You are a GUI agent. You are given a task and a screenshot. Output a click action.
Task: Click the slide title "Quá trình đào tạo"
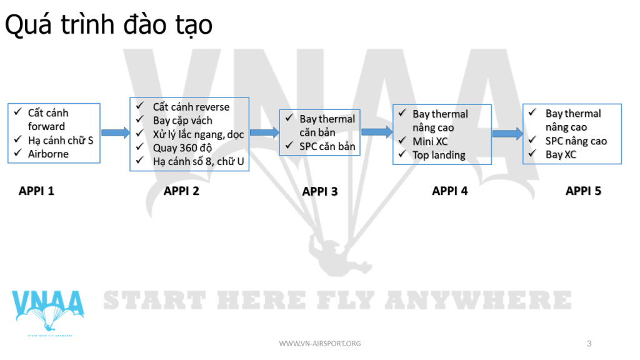109,25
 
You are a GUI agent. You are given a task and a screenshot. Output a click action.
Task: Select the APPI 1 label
36,191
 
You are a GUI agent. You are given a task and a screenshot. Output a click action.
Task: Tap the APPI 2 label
181,191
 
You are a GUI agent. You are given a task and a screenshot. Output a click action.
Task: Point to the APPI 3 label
320,191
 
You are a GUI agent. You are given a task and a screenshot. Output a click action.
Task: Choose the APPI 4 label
450,191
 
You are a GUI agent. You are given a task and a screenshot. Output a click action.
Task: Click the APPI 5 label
583,191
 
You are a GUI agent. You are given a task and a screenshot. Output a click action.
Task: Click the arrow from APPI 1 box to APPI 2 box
116,132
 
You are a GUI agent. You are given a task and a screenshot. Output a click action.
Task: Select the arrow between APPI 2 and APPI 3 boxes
264,132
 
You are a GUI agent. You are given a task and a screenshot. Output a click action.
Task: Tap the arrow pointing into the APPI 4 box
377,131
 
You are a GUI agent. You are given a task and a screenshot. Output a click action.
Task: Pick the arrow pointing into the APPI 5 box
507,134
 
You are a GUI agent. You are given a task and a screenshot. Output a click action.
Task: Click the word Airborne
48,154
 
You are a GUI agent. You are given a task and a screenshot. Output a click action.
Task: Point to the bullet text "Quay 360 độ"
182,148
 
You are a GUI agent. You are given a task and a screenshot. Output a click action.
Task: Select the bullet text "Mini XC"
430,142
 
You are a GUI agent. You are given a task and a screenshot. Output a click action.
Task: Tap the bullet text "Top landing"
439,156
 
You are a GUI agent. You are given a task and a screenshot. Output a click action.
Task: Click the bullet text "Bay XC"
561,155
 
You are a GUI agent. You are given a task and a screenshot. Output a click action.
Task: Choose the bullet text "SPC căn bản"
327,146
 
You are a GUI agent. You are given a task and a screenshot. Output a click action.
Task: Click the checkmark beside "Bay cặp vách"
140,119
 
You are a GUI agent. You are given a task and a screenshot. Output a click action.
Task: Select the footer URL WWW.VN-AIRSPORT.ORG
320,344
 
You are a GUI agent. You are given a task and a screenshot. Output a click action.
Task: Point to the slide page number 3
589,344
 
